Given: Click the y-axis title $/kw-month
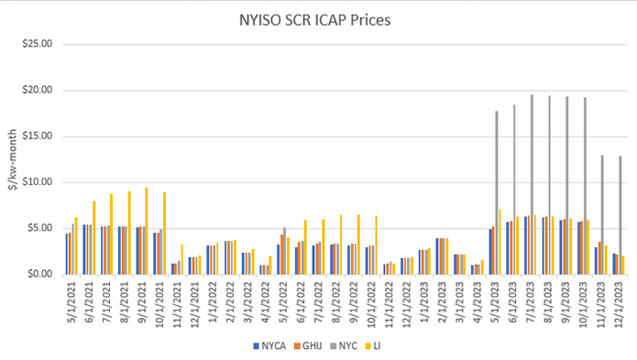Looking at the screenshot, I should pyautogui.click(x=12, y=160).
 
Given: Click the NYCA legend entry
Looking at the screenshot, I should pyautogui.click(x=271, y=346).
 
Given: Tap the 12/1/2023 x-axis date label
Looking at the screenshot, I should pyautogui.click(x=617, y=300).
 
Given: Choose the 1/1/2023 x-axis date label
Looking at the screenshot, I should pyautogui.click(x=423, y=300).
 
